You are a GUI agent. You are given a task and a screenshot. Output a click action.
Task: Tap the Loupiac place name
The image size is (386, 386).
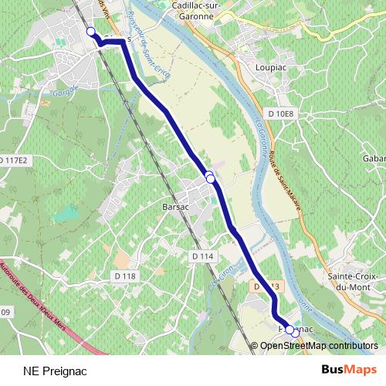(x=270, y=68)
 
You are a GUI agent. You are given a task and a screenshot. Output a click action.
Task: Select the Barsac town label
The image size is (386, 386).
(x=176, y=208)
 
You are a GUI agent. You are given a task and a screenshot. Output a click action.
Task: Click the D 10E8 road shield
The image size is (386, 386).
(x=281, y=114)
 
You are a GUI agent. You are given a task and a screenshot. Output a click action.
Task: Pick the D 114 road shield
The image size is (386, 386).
(x=201, y=256)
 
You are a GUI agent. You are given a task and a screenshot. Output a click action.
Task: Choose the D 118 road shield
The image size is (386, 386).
(x=124, y=276)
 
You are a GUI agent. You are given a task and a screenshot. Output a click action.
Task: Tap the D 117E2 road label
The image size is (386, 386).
(x=14, y=161)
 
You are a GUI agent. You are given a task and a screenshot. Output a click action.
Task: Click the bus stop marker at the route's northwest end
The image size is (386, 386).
(x=90, y=32)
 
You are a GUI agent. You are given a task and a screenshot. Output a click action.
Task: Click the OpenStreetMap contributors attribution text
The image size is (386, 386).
(x=319, y=345)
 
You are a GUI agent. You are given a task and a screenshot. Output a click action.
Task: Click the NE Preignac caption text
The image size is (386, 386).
(x=55, y=371)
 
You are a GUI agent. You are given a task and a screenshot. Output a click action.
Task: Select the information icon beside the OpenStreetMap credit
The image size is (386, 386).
(x=253, y=345)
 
